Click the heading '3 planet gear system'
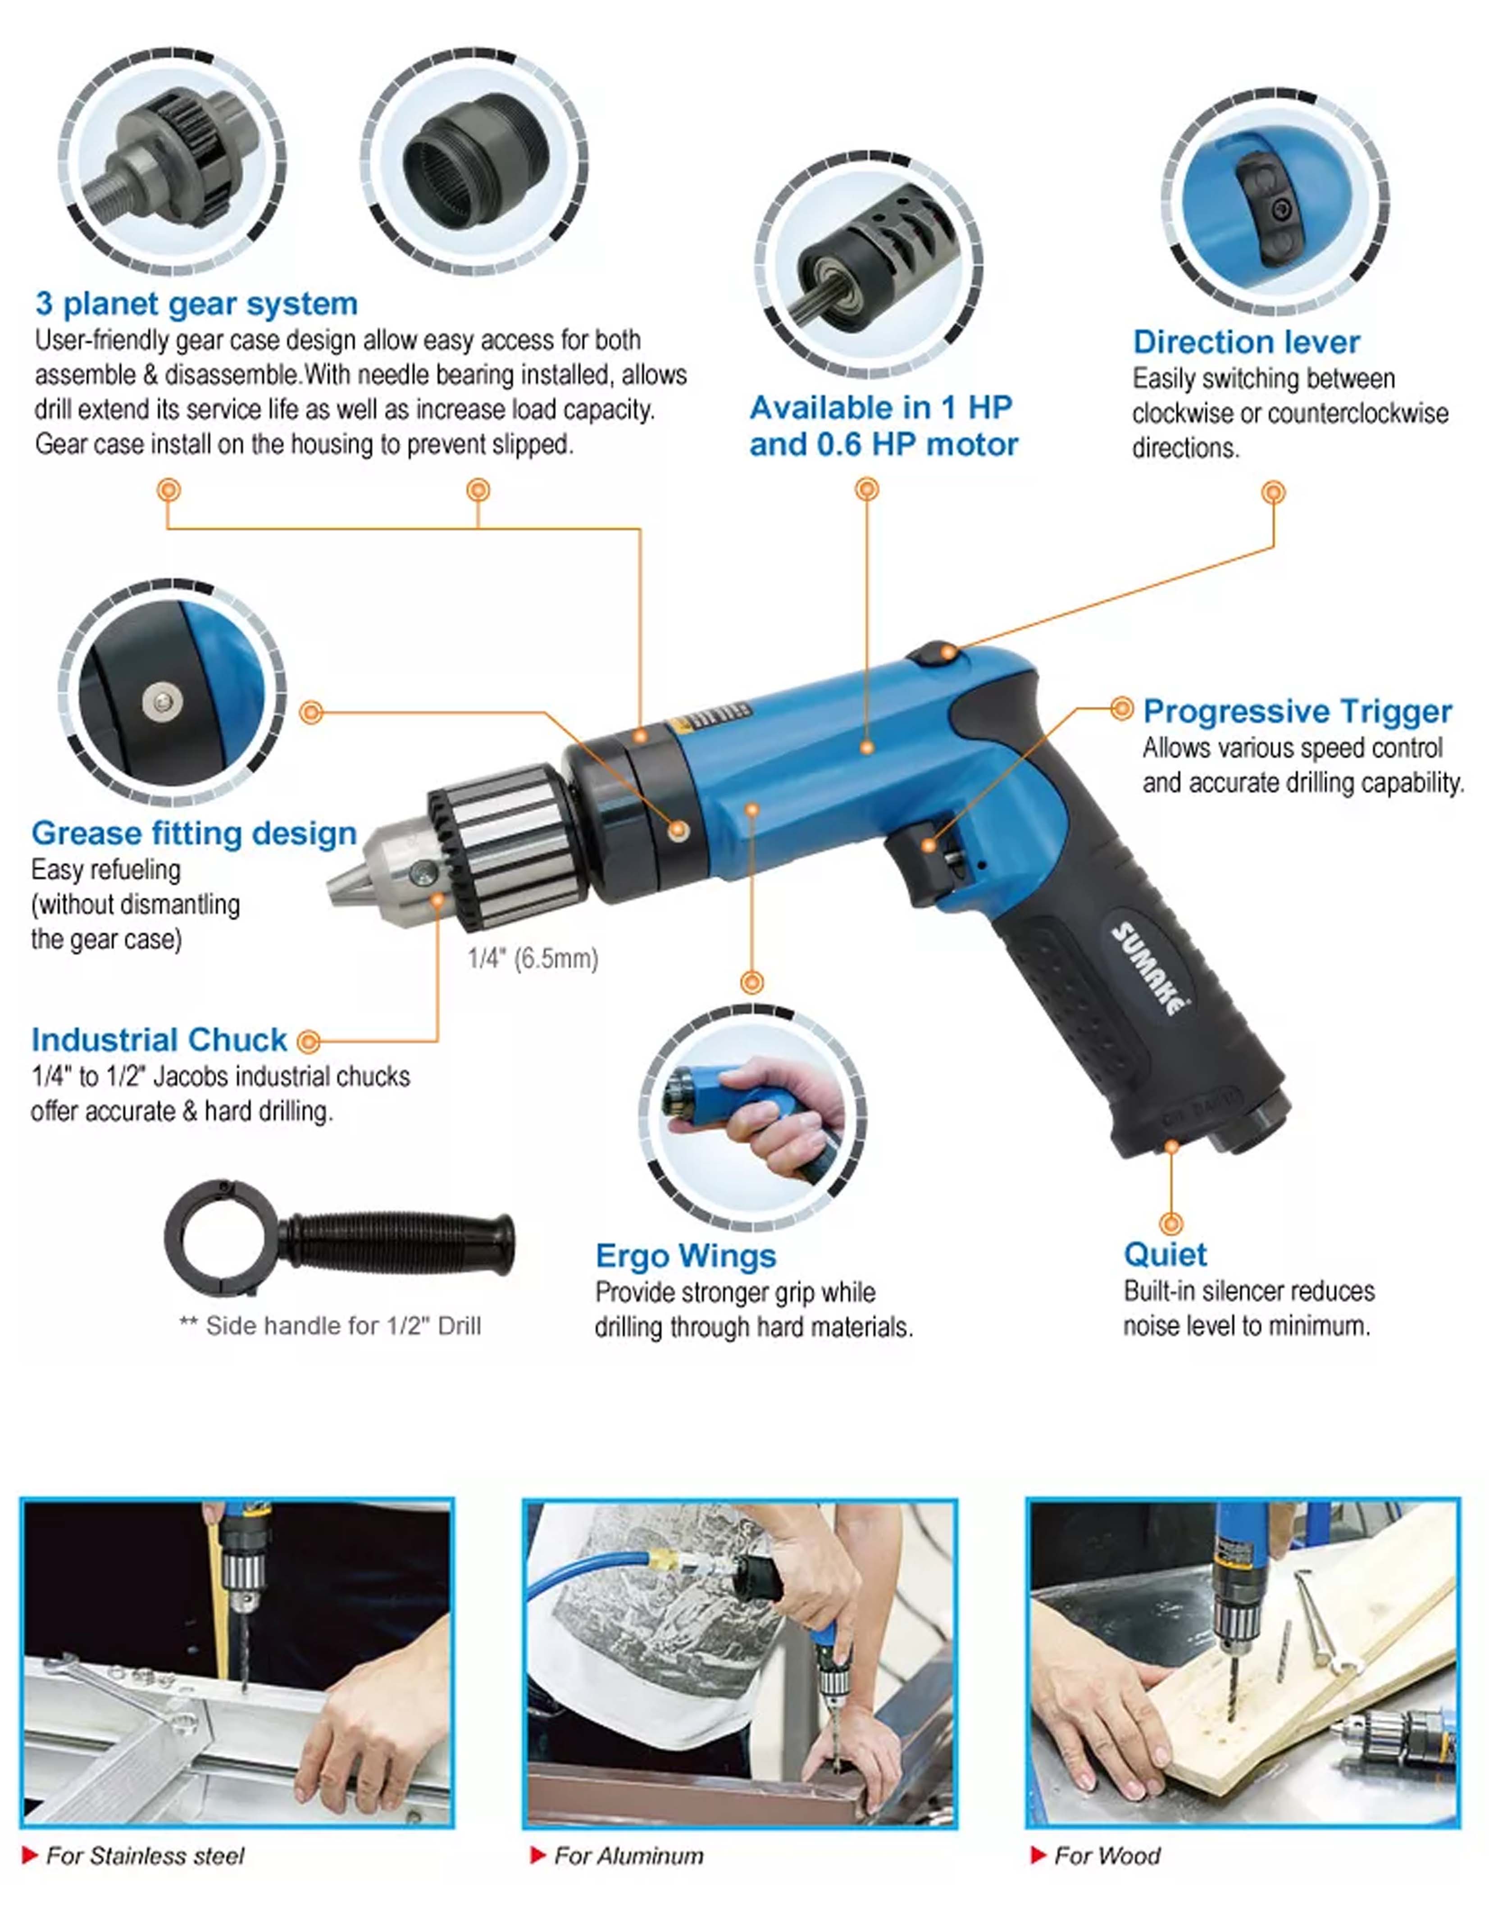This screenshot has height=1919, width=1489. tap(196, 304)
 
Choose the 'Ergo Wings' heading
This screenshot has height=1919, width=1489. tap(686, 1255)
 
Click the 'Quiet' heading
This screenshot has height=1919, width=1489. tap(1165, 1254)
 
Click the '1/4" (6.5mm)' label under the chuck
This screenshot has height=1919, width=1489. tap(533, 958)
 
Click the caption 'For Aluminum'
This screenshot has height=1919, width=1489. tap(628, 1856)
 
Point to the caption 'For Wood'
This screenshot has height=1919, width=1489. tap(1107, 1856)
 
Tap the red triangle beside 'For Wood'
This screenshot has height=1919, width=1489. tap(1038, 1855)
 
